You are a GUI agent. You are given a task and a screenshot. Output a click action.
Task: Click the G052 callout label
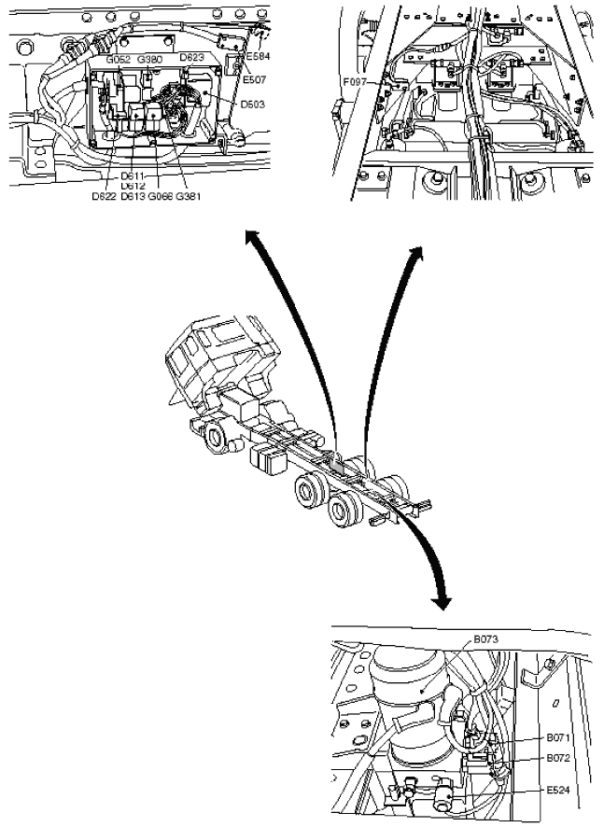point(119,60)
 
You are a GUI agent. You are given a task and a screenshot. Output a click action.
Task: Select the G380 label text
point(149,60)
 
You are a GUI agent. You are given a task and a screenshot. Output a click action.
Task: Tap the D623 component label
point(191,57)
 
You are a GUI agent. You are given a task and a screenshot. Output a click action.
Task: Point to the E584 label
point(258,56)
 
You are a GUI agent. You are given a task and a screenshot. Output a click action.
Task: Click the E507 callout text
point(254,79)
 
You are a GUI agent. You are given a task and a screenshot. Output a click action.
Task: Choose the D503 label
point(253,104)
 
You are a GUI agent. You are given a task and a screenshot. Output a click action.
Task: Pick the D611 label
point(133,176)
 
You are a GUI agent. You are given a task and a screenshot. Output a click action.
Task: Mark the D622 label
point(104,197)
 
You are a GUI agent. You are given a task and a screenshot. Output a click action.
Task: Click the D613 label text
point(133,197)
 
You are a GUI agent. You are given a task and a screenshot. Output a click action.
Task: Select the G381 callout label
point(189,197)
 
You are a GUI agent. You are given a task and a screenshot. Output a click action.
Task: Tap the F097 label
point(355,82)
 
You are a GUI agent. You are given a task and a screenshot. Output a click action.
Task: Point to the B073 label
point(485,639)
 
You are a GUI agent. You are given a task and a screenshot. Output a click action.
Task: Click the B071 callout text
point(558,737)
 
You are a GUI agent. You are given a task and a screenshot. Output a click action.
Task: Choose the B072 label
point(558,758)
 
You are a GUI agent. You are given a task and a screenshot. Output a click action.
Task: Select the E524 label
point(558,790)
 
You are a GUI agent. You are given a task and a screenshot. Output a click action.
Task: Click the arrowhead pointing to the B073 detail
point(440,600)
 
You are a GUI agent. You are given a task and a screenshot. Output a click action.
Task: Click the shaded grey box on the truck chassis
point(335,463)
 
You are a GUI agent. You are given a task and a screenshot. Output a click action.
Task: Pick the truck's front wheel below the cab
point(217,438)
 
